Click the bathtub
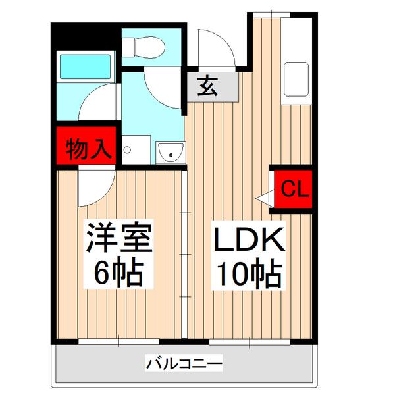coord(86,66)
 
